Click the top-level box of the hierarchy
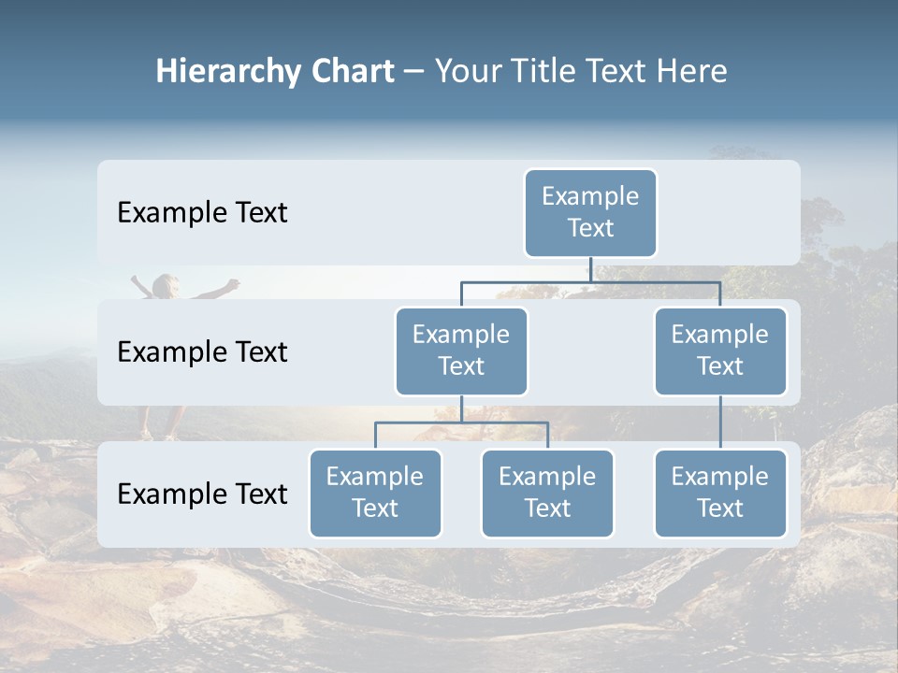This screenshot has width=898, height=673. click(590, 212)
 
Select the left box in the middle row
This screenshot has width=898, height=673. click(461, 351)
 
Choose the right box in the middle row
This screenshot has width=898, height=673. click(720, 351)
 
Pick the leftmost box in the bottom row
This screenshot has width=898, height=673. click(375, 493)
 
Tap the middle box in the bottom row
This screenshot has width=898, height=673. click(547, 493)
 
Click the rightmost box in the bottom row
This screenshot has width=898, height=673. click(720, 493)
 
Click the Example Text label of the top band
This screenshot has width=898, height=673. click(202, 212)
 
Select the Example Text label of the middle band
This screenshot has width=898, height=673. click(202, 351)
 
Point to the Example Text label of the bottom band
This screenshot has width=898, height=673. click(202, 494)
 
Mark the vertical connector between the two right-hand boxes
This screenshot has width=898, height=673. click(720, 422)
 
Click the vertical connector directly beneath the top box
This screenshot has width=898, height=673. click(591, 269)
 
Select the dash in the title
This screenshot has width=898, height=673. click(413, 72)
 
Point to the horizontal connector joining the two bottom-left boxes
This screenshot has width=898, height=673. click(461, 422)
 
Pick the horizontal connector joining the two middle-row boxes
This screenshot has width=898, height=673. click(590, 281)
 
